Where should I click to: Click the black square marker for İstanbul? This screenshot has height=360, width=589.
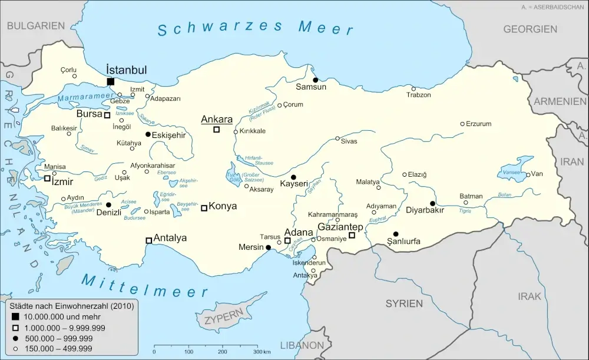pos(110,81)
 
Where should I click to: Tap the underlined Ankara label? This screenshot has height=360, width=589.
pos(217,120)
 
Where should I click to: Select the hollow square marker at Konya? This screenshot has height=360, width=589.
pos(204,207)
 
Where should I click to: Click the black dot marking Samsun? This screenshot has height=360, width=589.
pos(315,80)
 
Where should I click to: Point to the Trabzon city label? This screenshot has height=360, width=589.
pos(418,95)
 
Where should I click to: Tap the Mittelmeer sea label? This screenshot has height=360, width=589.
pos(145,286)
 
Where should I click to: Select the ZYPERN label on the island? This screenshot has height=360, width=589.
pos(224,320)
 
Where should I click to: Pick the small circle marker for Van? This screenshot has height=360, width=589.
pos(528,174)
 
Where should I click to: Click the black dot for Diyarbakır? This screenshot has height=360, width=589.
pos(432,203)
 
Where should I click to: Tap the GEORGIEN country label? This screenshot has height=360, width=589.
pos(530,29)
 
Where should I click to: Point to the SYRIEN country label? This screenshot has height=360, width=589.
pos(404,303)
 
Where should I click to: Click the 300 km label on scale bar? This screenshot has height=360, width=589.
pos(262,352)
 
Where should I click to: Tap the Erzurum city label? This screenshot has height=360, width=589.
pos(478,124)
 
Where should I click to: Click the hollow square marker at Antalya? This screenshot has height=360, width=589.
pos(148,240)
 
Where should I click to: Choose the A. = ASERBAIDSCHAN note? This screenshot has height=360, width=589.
pos(552,6)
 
